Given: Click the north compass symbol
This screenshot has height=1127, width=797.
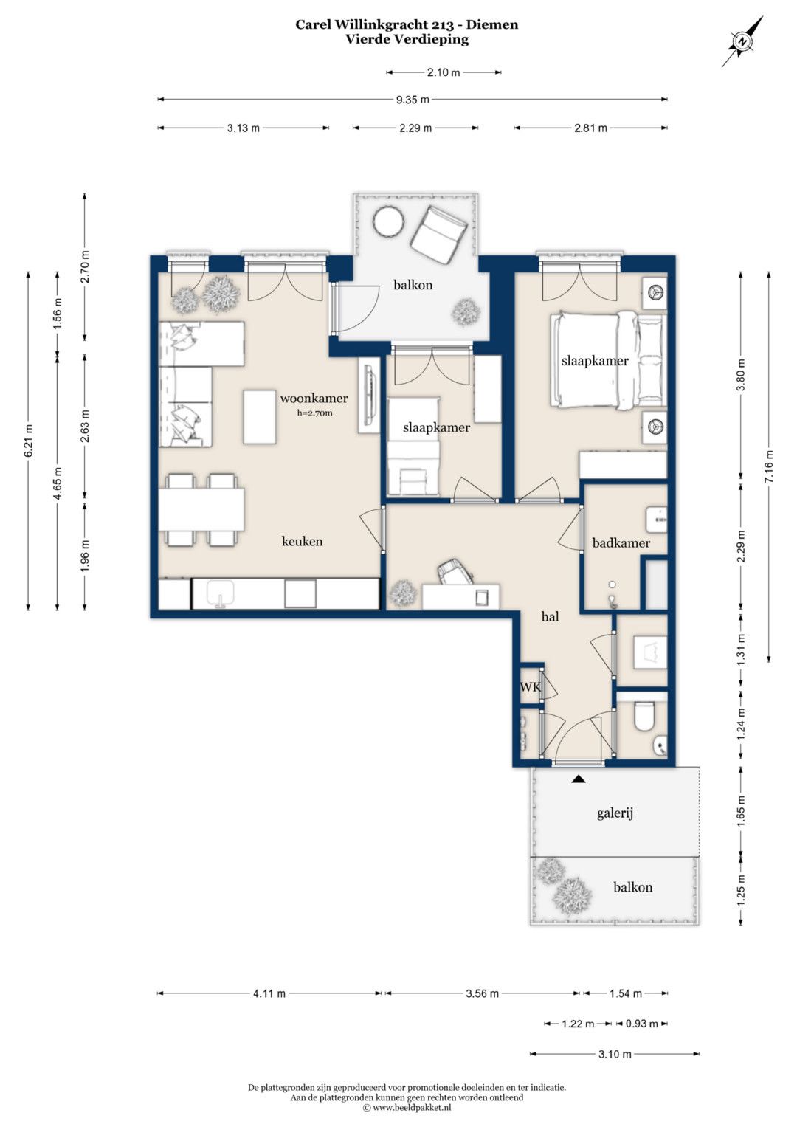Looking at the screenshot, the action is point(742,41).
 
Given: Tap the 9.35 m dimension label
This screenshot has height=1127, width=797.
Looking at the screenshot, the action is point(413,100).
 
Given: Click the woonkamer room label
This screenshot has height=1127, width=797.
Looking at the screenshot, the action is point(314,399).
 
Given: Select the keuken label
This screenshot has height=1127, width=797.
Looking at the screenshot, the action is point(302,542).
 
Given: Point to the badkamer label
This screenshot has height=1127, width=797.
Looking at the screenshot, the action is point(621,543).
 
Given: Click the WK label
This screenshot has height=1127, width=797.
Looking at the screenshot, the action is point(530,686).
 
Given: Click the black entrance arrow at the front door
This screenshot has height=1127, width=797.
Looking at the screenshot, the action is point(579,779).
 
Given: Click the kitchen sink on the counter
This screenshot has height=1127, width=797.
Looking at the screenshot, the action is point(221,593).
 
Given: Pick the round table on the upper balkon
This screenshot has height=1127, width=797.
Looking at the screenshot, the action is point(388,221).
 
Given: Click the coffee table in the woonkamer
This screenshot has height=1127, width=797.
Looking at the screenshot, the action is point(260,417).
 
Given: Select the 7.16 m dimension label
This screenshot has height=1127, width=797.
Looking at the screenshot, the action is point(769,466).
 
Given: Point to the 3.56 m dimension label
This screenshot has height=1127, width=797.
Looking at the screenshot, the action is point(482,993).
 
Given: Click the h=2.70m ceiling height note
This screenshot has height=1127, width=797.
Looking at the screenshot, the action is point(315,413).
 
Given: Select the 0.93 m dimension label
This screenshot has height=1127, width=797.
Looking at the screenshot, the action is point(641,1024).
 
